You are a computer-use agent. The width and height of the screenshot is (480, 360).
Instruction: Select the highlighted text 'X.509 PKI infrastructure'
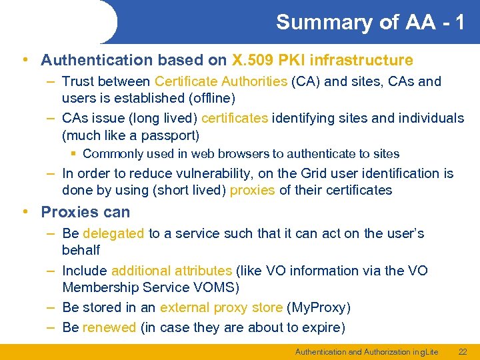click(322, 60)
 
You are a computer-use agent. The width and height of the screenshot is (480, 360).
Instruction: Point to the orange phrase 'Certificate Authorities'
click(221, 81)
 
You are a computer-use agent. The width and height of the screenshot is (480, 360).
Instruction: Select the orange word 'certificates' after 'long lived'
click(235, 118)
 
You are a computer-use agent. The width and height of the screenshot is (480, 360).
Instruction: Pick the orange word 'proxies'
click(253, 190)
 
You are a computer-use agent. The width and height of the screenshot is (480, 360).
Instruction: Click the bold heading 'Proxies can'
click(85, 212)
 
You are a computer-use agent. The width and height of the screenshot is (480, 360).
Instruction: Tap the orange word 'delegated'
click(113, 233)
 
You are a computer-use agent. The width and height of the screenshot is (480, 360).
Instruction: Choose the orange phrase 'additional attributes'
click(171, 271)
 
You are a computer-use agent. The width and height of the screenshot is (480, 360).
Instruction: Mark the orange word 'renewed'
click(109, 327)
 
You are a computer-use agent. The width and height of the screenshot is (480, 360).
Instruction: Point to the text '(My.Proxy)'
click(318, 307)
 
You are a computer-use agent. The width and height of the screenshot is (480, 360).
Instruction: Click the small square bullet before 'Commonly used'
click(73, 154)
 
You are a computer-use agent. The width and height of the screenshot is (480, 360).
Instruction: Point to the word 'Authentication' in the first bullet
click(97, 60)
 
